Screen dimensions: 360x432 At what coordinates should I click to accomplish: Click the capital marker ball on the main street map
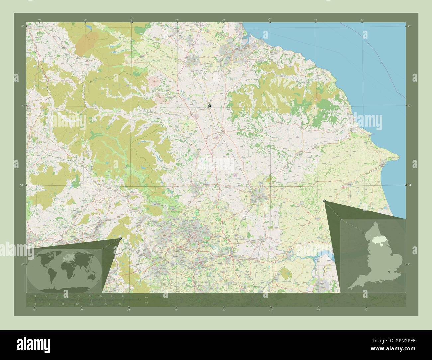[210, 106]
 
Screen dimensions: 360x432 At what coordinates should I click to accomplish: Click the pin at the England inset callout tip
[325, 201]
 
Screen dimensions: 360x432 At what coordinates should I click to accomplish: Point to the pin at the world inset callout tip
[120, 238]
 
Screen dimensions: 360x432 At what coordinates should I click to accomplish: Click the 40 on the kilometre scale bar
[123, 296]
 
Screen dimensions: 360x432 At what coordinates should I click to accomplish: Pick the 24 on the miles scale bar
[120, 304]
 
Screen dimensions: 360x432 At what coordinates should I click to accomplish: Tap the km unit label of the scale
[146, 297]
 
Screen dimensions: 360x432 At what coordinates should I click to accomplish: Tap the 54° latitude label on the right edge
[409, 185]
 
